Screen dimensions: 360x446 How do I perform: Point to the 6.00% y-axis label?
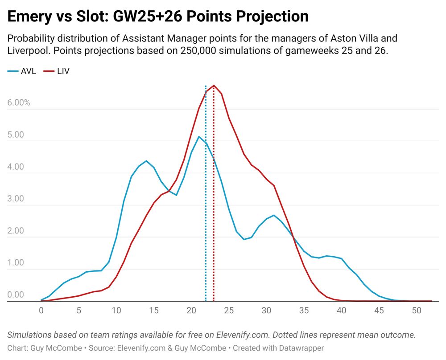[19, 103]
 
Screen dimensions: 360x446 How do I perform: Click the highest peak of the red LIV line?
[214, 85]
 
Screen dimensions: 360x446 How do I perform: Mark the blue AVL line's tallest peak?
[199, 137]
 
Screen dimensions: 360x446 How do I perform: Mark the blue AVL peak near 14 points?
[146, 161]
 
